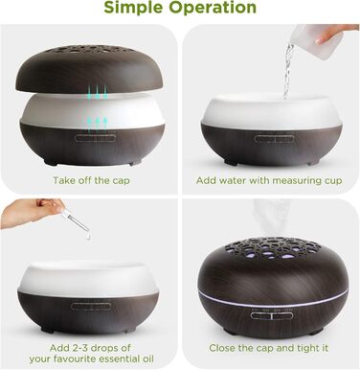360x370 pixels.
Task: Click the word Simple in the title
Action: tap(133, 7)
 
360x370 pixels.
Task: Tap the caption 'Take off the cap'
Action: tap(91, 180)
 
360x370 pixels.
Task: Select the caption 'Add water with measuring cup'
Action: tap(269, 181)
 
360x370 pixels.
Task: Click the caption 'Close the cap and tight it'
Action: tap(269, 348)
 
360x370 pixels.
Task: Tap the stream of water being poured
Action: tap(288, 71)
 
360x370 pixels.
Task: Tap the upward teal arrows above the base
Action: tap(97, 125)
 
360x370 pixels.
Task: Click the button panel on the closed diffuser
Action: tap(271, 315)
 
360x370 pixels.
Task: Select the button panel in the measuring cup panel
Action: tap(274, 139)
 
